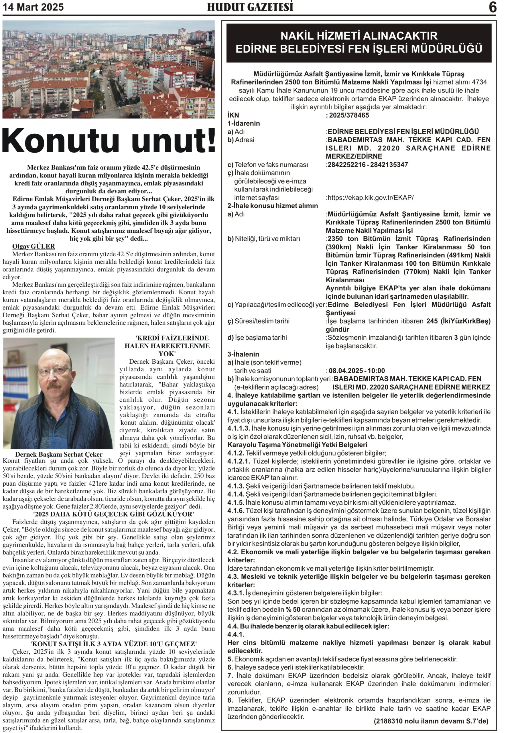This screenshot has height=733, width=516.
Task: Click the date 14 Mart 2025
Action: pyautogui.click(x=33, y=7)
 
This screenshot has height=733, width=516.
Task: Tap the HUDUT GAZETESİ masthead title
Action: pyautogui.click(x=250, y=7)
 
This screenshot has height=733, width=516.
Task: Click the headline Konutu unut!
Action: pyautogui.click(x=109, y=141)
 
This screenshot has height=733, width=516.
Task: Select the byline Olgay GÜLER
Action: pyautogui.click(x=34, y=247)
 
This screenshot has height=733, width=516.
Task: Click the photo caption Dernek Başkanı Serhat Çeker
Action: pyautogui.click(x=59, y=454)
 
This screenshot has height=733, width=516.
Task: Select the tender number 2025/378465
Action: pyautogui.click(x=349, y=115)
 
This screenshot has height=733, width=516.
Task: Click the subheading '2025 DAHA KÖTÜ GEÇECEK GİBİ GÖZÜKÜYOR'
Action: pyautogui.click(x=114, y=514)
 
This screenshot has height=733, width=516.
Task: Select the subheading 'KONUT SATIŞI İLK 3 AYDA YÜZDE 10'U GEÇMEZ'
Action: pyautogui.click(x=114, y=644)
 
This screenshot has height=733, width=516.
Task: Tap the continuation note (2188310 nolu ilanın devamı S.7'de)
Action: pyautogui.click(x=431, y=721)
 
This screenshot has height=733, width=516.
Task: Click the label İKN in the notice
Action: pyautogui.click(x=233, y=115)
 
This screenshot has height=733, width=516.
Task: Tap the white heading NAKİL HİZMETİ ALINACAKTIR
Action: pyautogui.click(x=359, y=36)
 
